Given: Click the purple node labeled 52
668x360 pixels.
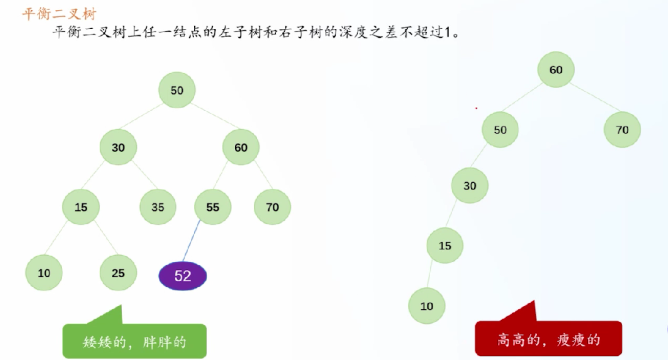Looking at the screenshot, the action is click(182, 276).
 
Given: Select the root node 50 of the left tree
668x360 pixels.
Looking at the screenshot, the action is click(177, 90).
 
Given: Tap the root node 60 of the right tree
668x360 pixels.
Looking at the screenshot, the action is click(556, 70).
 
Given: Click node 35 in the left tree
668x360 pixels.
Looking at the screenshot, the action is click(158, 207).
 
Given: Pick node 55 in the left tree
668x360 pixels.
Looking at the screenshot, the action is click(213, 207).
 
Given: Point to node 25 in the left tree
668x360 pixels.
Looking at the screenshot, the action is click(118, 273).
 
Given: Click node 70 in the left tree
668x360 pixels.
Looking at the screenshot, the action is click(272, 207).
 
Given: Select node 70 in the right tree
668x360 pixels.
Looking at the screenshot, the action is click(622, 130).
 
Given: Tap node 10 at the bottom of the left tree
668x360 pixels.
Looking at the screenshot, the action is click(44, 273).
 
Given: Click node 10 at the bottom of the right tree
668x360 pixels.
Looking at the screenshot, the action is click(427, 306).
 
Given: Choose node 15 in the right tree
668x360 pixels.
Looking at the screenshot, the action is click(445, 245).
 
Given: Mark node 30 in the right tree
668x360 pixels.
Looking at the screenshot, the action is click(470, 185).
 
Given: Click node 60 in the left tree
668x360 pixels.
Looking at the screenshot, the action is click(241, 147).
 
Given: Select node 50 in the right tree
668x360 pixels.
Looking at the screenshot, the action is click(500, 130).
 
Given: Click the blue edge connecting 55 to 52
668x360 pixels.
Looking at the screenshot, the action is click(191, 241).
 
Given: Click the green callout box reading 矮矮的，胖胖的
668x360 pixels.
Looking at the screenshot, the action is click(135, 341).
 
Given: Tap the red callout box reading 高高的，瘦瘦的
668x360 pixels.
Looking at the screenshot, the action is click(549, 338).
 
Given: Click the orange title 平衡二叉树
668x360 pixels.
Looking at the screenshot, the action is click(60, 14).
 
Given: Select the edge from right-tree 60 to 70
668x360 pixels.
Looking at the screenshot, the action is click(595, 97).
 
